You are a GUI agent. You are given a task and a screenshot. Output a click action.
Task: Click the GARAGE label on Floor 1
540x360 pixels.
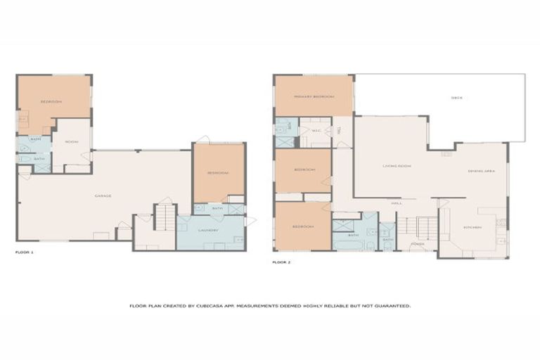(103, 195)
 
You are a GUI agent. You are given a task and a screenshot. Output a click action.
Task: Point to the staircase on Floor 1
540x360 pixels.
(163, 217)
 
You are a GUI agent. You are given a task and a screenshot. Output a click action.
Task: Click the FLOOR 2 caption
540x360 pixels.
(281, 262)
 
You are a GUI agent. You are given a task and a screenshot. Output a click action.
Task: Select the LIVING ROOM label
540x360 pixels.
(396, 166)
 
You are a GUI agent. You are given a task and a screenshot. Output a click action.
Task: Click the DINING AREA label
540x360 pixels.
(480, 172)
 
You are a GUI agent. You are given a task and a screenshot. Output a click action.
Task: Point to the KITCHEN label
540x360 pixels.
(472, 227)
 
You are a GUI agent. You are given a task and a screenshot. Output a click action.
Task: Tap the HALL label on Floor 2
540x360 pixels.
(396, 203)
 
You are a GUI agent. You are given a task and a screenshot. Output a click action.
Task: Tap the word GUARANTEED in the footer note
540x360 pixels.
(392, 306)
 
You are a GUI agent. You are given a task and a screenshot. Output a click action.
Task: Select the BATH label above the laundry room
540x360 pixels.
(217, 208)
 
